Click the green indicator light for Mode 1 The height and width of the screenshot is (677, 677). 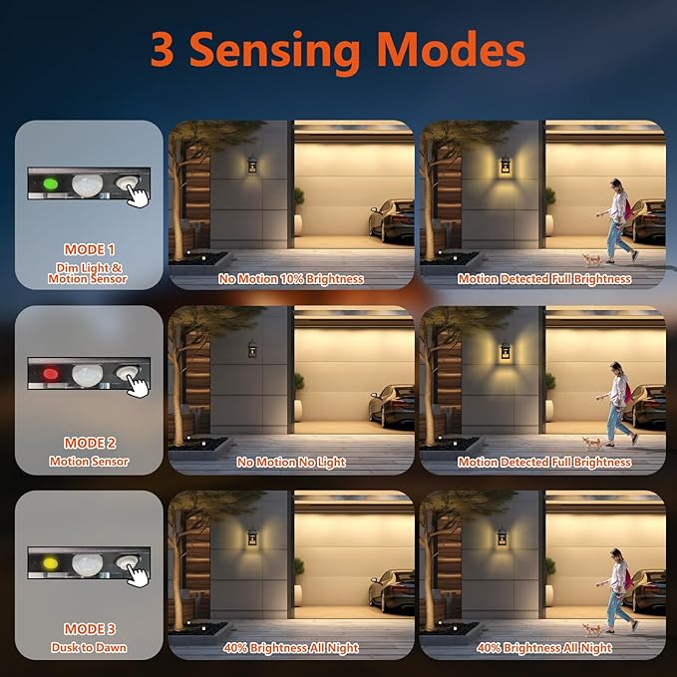(51, 184)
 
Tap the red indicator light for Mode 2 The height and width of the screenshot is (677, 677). (50, 374)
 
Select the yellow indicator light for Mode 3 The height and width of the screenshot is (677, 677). (50, 563)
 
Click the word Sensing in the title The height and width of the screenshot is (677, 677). (274, 51)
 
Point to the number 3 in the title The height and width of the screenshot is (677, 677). (163, 49)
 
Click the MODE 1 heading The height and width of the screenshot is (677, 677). (90, 249)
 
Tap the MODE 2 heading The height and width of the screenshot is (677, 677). (90, 443)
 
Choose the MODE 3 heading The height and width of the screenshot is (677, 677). (90, 629)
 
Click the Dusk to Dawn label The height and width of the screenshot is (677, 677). (89, 648)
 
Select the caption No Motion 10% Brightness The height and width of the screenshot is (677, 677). (291, 279)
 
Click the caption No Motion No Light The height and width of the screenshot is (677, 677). (291, 463)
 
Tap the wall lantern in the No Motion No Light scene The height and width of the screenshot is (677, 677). (252, 349)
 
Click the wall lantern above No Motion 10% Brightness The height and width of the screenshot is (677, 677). (252, 165)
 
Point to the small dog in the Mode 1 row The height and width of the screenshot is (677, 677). (591, 260)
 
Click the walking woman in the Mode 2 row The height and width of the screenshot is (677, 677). (617, 404)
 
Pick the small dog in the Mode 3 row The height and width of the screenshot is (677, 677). (591, 629)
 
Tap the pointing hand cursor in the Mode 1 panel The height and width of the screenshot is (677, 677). (138, 196)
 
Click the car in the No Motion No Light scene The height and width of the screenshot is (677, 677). (391, 406)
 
